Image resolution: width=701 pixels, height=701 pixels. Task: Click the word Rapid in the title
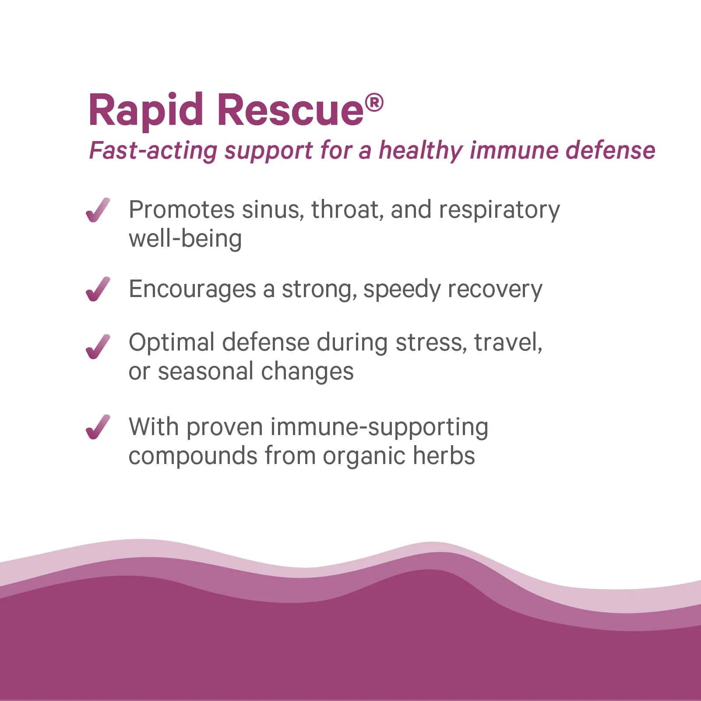click(145, 110)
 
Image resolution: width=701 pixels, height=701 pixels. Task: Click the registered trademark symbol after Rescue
click(374, 103)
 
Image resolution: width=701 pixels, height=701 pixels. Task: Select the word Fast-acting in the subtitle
click(153, 151)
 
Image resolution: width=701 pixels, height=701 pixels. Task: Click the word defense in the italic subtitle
click(610, 150)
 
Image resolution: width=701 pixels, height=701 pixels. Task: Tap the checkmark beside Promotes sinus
click(98, 210)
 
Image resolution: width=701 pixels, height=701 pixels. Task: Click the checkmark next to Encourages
click(98, 289)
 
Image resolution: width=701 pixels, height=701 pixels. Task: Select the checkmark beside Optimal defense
click(98, 347)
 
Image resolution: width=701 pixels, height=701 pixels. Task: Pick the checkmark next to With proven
click(98, 427)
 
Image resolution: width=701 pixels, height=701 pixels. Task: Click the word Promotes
click(181, 210)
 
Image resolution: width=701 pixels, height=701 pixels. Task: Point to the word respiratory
click(499, 210)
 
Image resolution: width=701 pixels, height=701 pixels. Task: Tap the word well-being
click(185, 239)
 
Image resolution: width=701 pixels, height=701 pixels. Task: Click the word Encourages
click(192, 290)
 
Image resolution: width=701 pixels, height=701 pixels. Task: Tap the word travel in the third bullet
click(507, 342)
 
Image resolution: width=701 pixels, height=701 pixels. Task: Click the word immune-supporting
click(379, 427)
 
